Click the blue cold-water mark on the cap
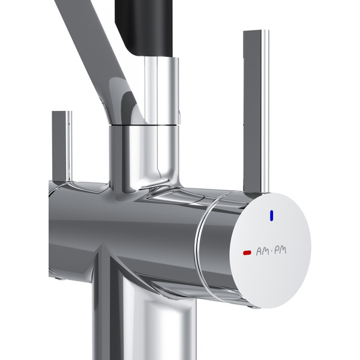tap(272, 215)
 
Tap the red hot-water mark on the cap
tap(247, 253)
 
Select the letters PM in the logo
tap(281, 250)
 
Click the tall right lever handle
tap(256, 112)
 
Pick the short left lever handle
tap(62, 147)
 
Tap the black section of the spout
tap(144, 26)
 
